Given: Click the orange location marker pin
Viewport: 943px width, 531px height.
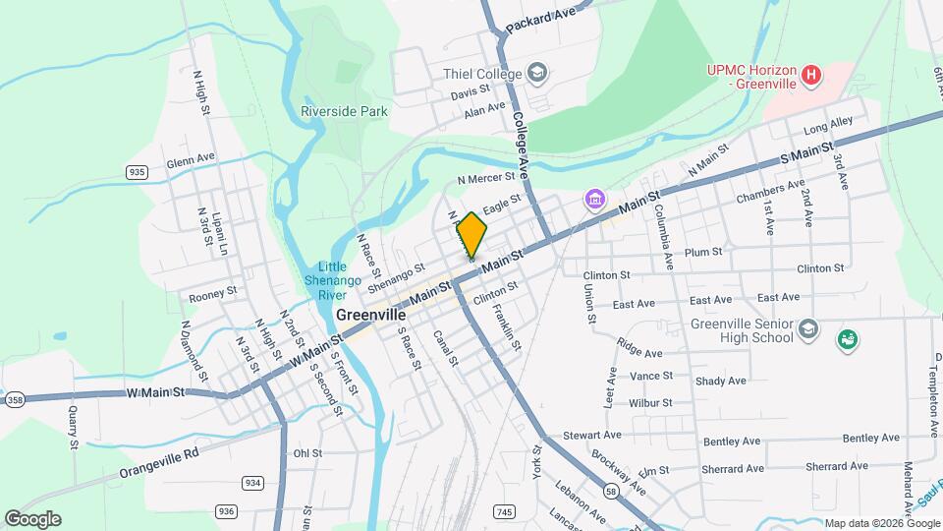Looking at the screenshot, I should (471, 235).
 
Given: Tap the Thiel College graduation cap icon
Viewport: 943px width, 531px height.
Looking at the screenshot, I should (536, 73).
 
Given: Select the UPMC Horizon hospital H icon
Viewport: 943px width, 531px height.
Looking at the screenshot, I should (810, 74).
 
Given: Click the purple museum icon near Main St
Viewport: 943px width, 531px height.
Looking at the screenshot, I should (594, 200).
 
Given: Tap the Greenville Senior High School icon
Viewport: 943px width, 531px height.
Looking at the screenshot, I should (807, 328).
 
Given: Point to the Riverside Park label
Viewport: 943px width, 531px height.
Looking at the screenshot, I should (344, 111).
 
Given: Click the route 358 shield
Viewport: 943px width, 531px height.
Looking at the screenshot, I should (15, 399).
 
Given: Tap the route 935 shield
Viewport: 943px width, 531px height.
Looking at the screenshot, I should (137, 172).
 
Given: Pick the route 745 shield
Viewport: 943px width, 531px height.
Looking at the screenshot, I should (505, 511).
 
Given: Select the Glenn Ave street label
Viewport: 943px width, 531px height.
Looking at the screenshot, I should (191, 158).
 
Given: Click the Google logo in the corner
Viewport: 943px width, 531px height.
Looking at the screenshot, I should (32, 518).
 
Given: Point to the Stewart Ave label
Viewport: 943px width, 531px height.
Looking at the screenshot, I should (592, 435).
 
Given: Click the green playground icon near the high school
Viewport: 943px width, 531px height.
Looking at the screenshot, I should (847, 340).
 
